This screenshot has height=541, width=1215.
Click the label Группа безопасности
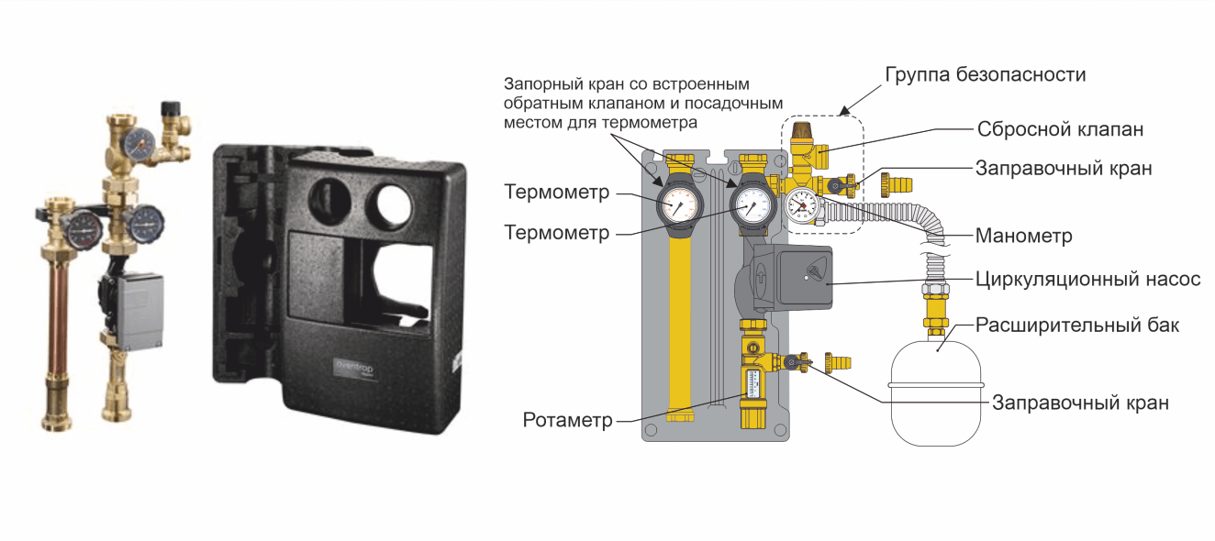[985, 74]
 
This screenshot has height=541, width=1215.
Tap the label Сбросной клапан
[1060, 129]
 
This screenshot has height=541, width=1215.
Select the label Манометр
[1024, 236]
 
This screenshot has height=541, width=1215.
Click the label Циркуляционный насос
[1087, 280]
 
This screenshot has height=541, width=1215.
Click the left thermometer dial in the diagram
[678, 203]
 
